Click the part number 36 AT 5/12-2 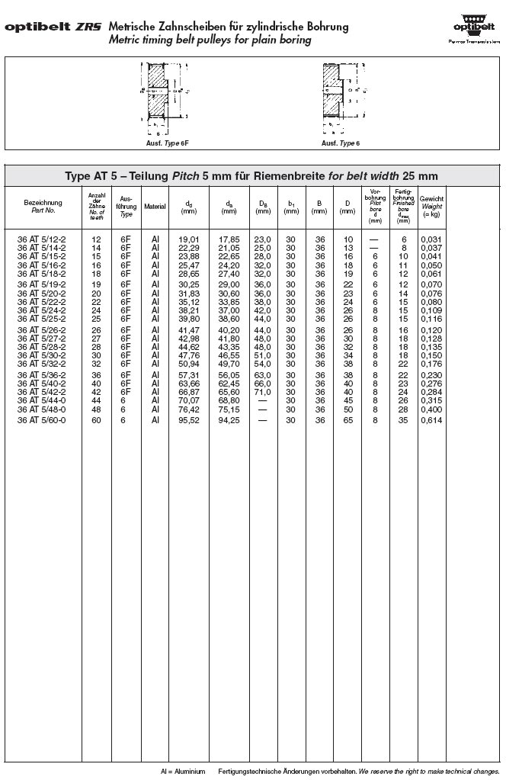tap(42, 239)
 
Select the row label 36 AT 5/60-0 tap(42, 420)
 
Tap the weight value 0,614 tap(431, 420)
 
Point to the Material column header tap(155, 206)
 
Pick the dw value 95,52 tap(189, 420)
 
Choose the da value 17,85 tap(229, 239)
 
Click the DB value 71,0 tap(263, 391)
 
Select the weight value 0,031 tap(431, 239)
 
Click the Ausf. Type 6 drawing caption tap(341, 143)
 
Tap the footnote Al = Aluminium tap(183, 771)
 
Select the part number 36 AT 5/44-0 tap(42, 400)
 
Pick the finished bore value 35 tap(404, 420)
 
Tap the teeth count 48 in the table tap(96, 409)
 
